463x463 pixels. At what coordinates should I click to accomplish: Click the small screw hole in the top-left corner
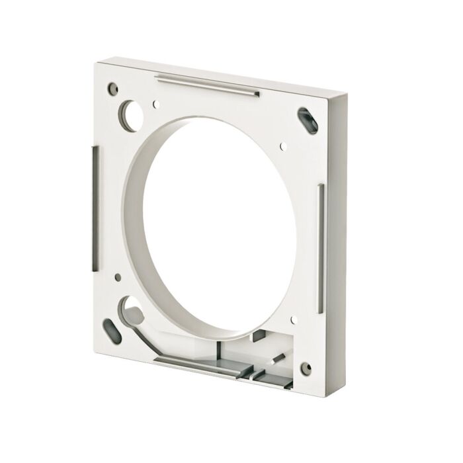[x=113, y=87]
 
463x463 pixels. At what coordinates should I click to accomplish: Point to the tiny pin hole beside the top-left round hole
[x=157, y=103]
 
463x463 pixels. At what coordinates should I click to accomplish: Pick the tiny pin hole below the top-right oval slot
[x=282, y=144]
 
